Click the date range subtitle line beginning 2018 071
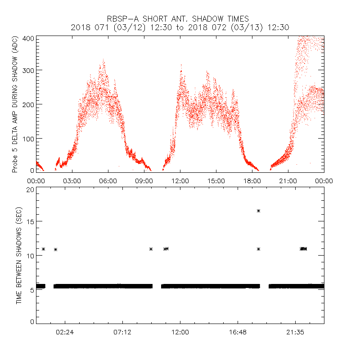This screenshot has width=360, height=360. pos(180,27)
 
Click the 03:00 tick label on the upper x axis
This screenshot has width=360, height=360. pos(72,180)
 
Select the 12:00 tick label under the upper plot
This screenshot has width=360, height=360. pos(180,180)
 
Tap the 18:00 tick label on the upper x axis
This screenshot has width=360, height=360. pos(252,180)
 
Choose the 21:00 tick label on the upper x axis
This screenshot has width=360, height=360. pos(288,180)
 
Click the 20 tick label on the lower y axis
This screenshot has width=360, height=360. pos(30,189)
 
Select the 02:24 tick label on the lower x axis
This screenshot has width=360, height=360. pos(65,332)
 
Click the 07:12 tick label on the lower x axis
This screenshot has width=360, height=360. pos(122,332)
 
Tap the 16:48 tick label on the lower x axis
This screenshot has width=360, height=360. pos(238,332)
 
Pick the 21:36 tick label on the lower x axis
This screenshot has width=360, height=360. pos(295,332)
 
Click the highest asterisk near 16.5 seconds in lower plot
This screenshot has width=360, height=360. pos(259,211)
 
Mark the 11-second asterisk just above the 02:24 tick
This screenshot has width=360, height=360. pos(55,249)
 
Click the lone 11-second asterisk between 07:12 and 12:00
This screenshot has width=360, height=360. pos(151,249)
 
